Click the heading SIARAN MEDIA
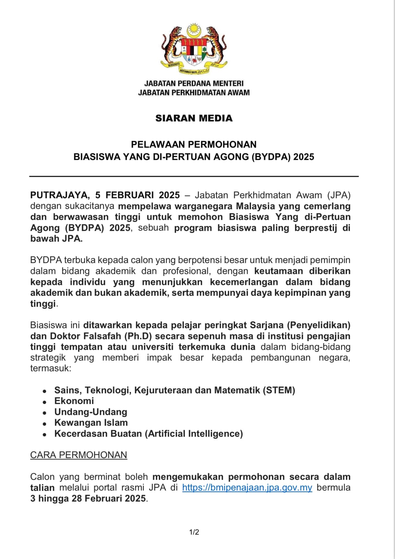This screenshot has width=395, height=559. click(194, 118)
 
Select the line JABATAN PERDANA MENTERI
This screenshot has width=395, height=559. click(194, 84)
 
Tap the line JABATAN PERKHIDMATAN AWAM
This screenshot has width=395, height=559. click(194, 93)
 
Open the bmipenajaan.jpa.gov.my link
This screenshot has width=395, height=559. click(247, 488)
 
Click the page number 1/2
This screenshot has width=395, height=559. click(194, 532)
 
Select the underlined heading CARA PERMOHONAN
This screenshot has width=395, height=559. click(78, 455)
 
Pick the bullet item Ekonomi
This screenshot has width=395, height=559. click(74, 401)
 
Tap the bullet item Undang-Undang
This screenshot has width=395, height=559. click(90, 412)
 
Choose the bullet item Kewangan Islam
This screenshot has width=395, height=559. click(91, 423)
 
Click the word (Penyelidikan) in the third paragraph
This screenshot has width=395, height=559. click(319, 325)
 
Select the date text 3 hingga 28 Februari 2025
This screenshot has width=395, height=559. click(88, 498)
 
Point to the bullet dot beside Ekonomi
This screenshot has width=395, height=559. click(45, 402)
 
